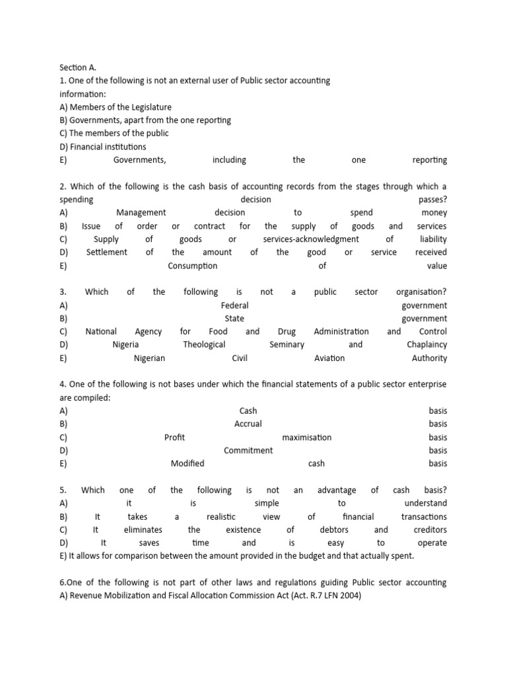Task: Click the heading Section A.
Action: [x=78, y=67]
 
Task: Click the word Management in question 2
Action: [x=141, y=213]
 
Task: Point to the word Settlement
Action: [x=106, y=253]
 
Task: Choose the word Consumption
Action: [x=192, y=266]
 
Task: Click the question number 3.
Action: [x=63, y=292]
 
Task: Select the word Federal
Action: [x=234, y=305]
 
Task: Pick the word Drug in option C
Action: [x=287, y=332]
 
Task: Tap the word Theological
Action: [x=204, y=345]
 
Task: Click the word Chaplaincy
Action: [x=426, y=345]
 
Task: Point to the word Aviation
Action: [x=329, y=358]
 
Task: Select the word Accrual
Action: [x=248, y=424]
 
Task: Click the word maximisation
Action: [x=306, y=438]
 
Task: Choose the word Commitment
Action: [x=248, y=451]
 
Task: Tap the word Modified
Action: [x=187, y=464]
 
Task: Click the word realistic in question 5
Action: [x=220, y=517]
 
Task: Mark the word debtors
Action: [x=334, y=530]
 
